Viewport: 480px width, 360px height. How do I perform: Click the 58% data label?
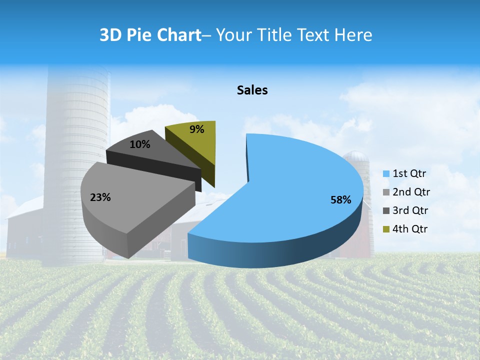click(x=341, y=200)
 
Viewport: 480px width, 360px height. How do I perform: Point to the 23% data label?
click(x=100, y=197)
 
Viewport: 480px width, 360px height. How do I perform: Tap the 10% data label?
click(x=139, y=144)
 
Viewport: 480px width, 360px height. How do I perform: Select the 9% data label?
click(x=197, y=129)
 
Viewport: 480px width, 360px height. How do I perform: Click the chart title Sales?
click(x=252, y=90)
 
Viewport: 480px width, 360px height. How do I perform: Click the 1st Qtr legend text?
click(x=409, y=173)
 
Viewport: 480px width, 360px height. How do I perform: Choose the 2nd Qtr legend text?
click(x=411, y=192)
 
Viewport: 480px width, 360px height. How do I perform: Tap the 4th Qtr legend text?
click(x=410, y=229)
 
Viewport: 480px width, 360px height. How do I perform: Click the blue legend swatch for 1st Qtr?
click(x=386, y=174)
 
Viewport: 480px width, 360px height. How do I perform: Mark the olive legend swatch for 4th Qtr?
click(x=386, y=229)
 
